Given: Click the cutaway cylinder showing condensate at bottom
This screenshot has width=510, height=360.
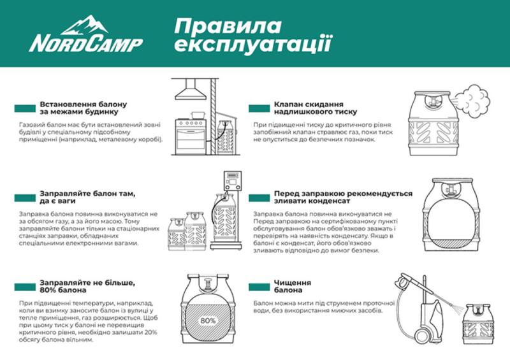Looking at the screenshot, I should pyautogui.click(x=453, y=217).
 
